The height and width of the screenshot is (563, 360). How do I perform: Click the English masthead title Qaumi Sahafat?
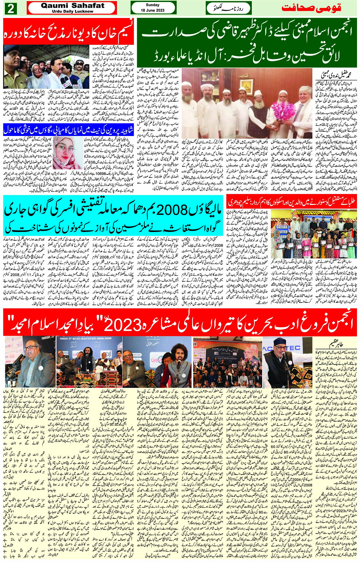click(72, 5)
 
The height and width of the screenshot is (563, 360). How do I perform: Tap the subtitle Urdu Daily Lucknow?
click(72, 11)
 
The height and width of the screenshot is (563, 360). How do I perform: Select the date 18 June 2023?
click(153, 10)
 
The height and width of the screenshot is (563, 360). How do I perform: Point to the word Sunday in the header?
click(153, 5)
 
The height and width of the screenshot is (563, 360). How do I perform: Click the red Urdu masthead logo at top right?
click(311, 8)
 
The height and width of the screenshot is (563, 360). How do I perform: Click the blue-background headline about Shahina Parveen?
click(69, 130)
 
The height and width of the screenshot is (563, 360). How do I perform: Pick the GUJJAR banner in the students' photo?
click(282, 229)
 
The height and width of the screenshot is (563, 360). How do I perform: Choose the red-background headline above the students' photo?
click(292, 202)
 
